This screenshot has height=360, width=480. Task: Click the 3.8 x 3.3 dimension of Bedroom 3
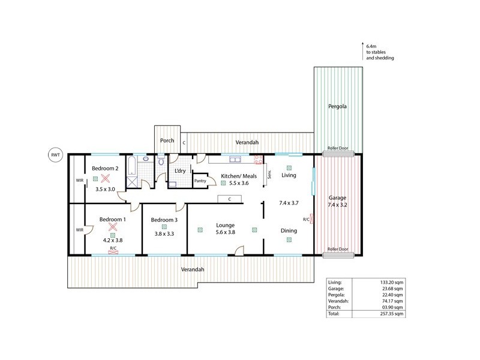click(164, 234)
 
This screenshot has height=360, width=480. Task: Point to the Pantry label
click(200, 181)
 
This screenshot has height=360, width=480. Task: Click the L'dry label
click(179, 171)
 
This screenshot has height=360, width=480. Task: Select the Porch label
click(167, 141)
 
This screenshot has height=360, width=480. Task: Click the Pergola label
click(337, 107)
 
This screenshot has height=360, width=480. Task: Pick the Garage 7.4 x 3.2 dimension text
click(337, 205)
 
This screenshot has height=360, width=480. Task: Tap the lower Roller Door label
click(337, 249)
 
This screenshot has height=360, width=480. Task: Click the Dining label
click(289, 230)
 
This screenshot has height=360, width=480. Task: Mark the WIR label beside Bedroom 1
click(79, 230)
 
